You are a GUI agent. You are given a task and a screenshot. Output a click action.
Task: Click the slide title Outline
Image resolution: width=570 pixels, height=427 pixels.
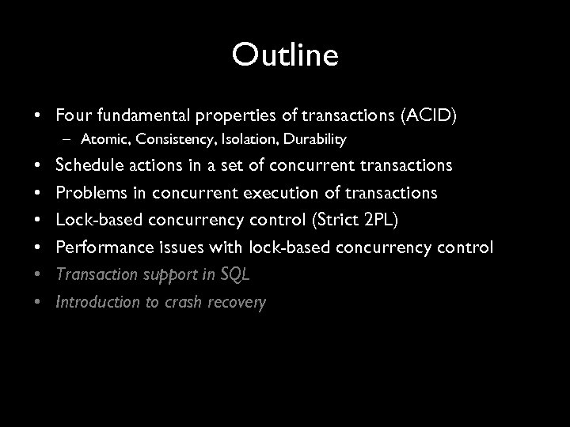[x=285, y=55]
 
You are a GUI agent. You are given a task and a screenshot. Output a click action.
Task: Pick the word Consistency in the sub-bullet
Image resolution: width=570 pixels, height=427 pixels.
[x=166, y=140]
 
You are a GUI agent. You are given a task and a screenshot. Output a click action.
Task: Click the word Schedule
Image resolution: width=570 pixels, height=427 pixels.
[x=89, y=166]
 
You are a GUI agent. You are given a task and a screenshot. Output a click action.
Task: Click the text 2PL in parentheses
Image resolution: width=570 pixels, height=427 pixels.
[x=389, y=221]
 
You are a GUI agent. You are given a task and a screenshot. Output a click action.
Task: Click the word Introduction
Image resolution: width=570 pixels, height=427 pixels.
[x=95, y=302]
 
